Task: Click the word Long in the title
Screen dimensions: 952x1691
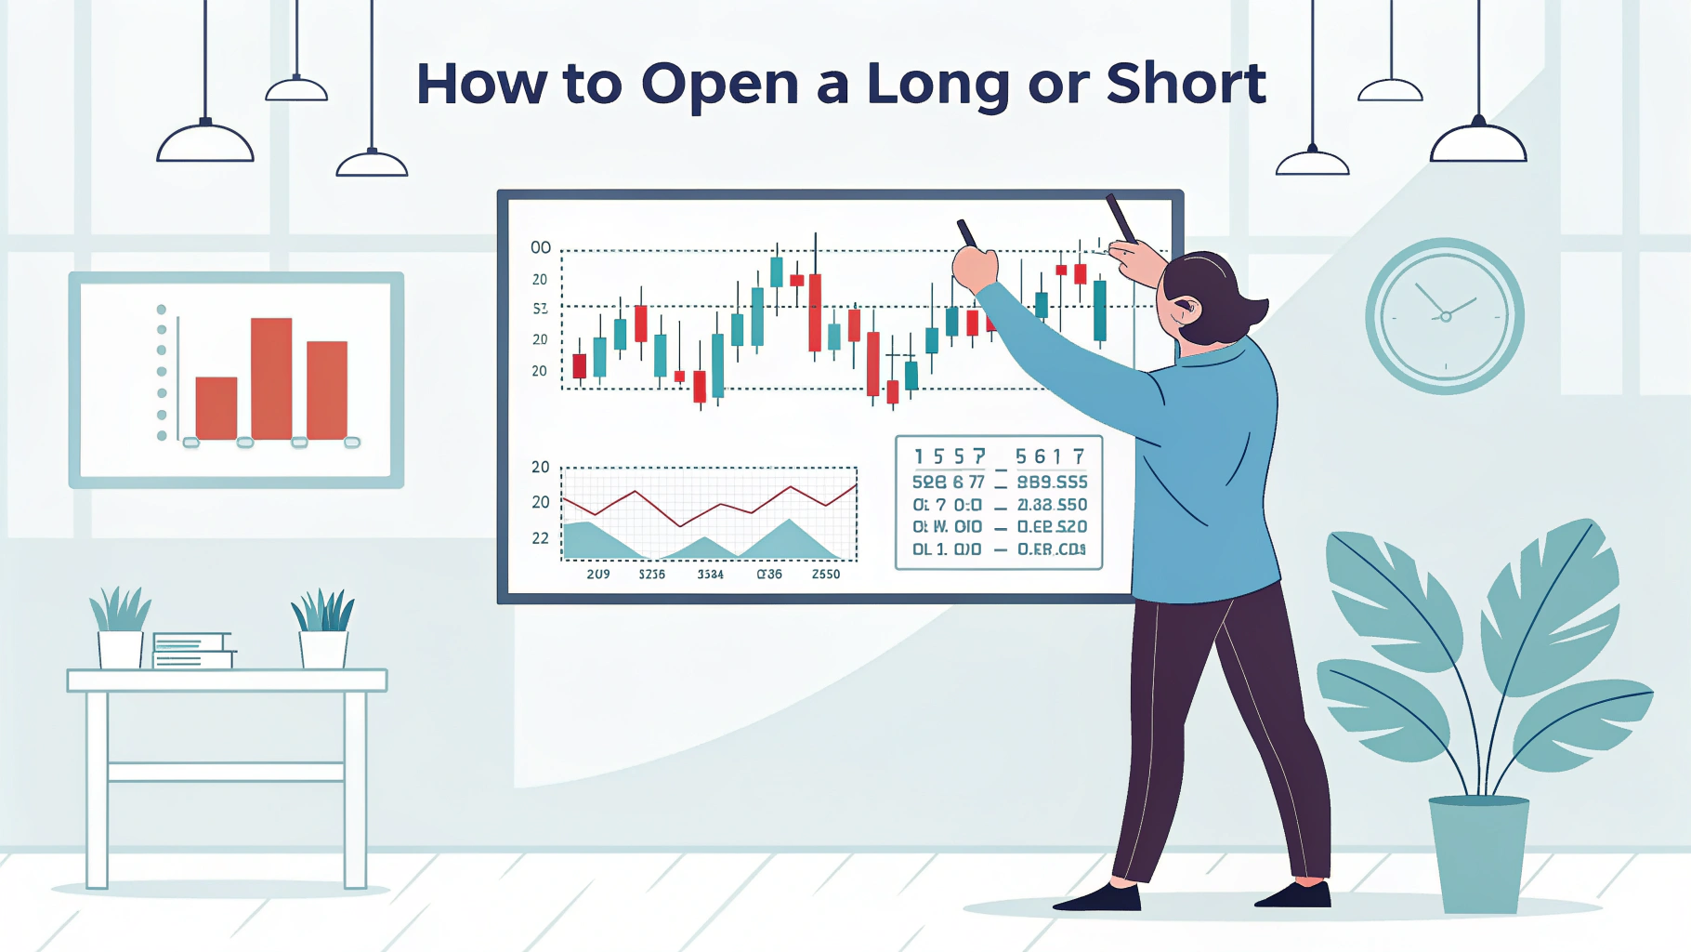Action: tap(937, 85)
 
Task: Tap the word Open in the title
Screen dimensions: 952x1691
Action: tap(719, 85)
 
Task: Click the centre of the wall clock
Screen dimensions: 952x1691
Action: tap(1445, 317)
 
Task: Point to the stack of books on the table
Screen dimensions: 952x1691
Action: tap(192, 650)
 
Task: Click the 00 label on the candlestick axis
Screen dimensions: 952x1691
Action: tap(540, 247)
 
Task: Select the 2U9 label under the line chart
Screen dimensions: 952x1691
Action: tap(598, 575)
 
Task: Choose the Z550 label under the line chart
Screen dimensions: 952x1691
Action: tap(825, 575)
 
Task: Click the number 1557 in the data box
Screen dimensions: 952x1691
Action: tap(949, 456)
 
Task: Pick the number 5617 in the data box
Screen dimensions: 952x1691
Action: tap(1049, 456)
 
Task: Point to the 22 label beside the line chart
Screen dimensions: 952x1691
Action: tap(540, 538)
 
